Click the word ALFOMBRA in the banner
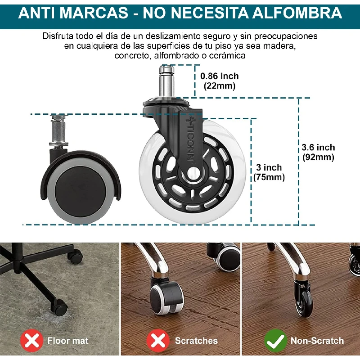click(x=297, y=13)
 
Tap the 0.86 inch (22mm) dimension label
click(x=220, y=81)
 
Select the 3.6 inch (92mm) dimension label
click(x=318, y=152)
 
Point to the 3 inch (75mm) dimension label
click(x=269, y=172)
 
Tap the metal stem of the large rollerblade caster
click(x=166, y=81)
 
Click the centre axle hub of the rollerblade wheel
click(x=193, y=173)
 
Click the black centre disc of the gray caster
click(x=81, y=188)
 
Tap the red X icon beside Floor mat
click(x=31, y=341)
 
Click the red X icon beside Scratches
click(x=158, y=341)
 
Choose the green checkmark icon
click(x=275, y=341)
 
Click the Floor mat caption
click(x=68, y=341)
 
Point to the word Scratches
click(x=196, y=341)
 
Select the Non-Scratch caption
click(x=317, y=341)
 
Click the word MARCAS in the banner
click(x=95, y=13)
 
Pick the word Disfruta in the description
click(x=58, y=36)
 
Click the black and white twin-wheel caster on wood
click(x=166, y=296)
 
